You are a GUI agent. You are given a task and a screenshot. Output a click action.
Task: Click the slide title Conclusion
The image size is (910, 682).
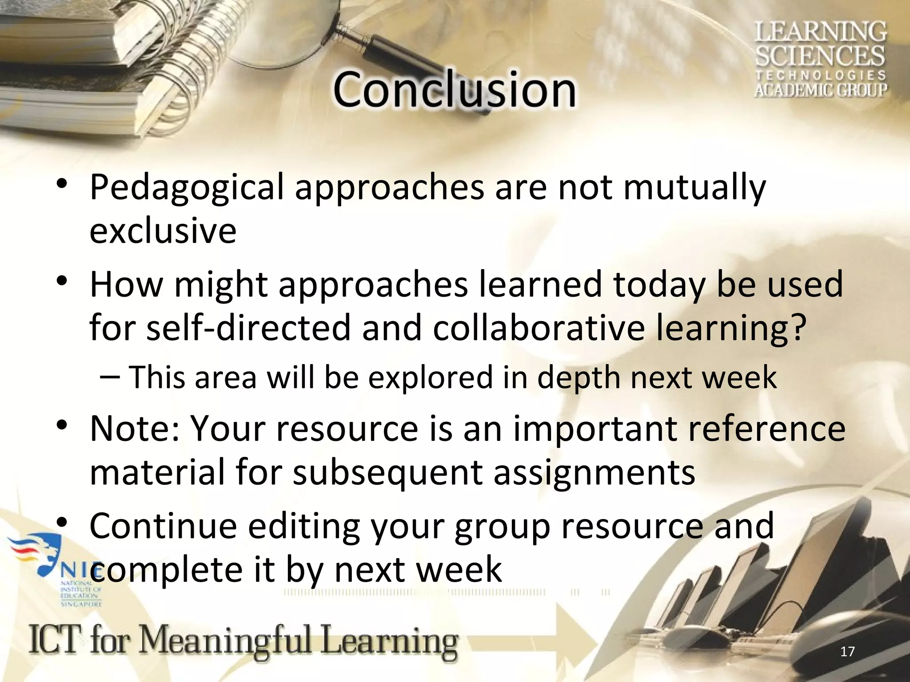tap(454, 90)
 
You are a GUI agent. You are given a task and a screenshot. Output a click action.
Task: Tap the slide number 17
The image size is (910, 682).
tap(848, 652)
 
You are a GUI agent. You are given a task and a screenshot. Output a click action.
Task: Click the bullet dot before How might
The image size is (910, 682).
tap(62, 282)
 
